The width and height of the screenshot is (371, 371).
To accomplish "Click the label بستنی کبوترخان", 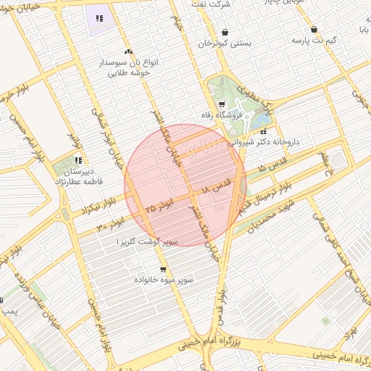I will coord(225,43).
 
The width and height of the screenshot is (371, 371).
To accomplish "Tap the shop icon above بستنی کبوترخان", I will coord(225,32).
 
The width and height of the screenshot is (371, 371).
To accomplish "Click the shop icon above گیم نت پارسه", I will coord(314,30).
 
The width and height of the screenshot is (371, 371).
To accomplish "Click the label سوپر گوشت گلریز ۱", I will coord(142,240).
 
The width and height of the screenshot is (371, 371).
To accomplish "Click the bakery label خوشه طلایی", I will coord(129,73).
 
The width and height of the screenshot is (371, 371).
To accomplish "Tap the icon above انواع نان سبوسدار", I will coord(128,51).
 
